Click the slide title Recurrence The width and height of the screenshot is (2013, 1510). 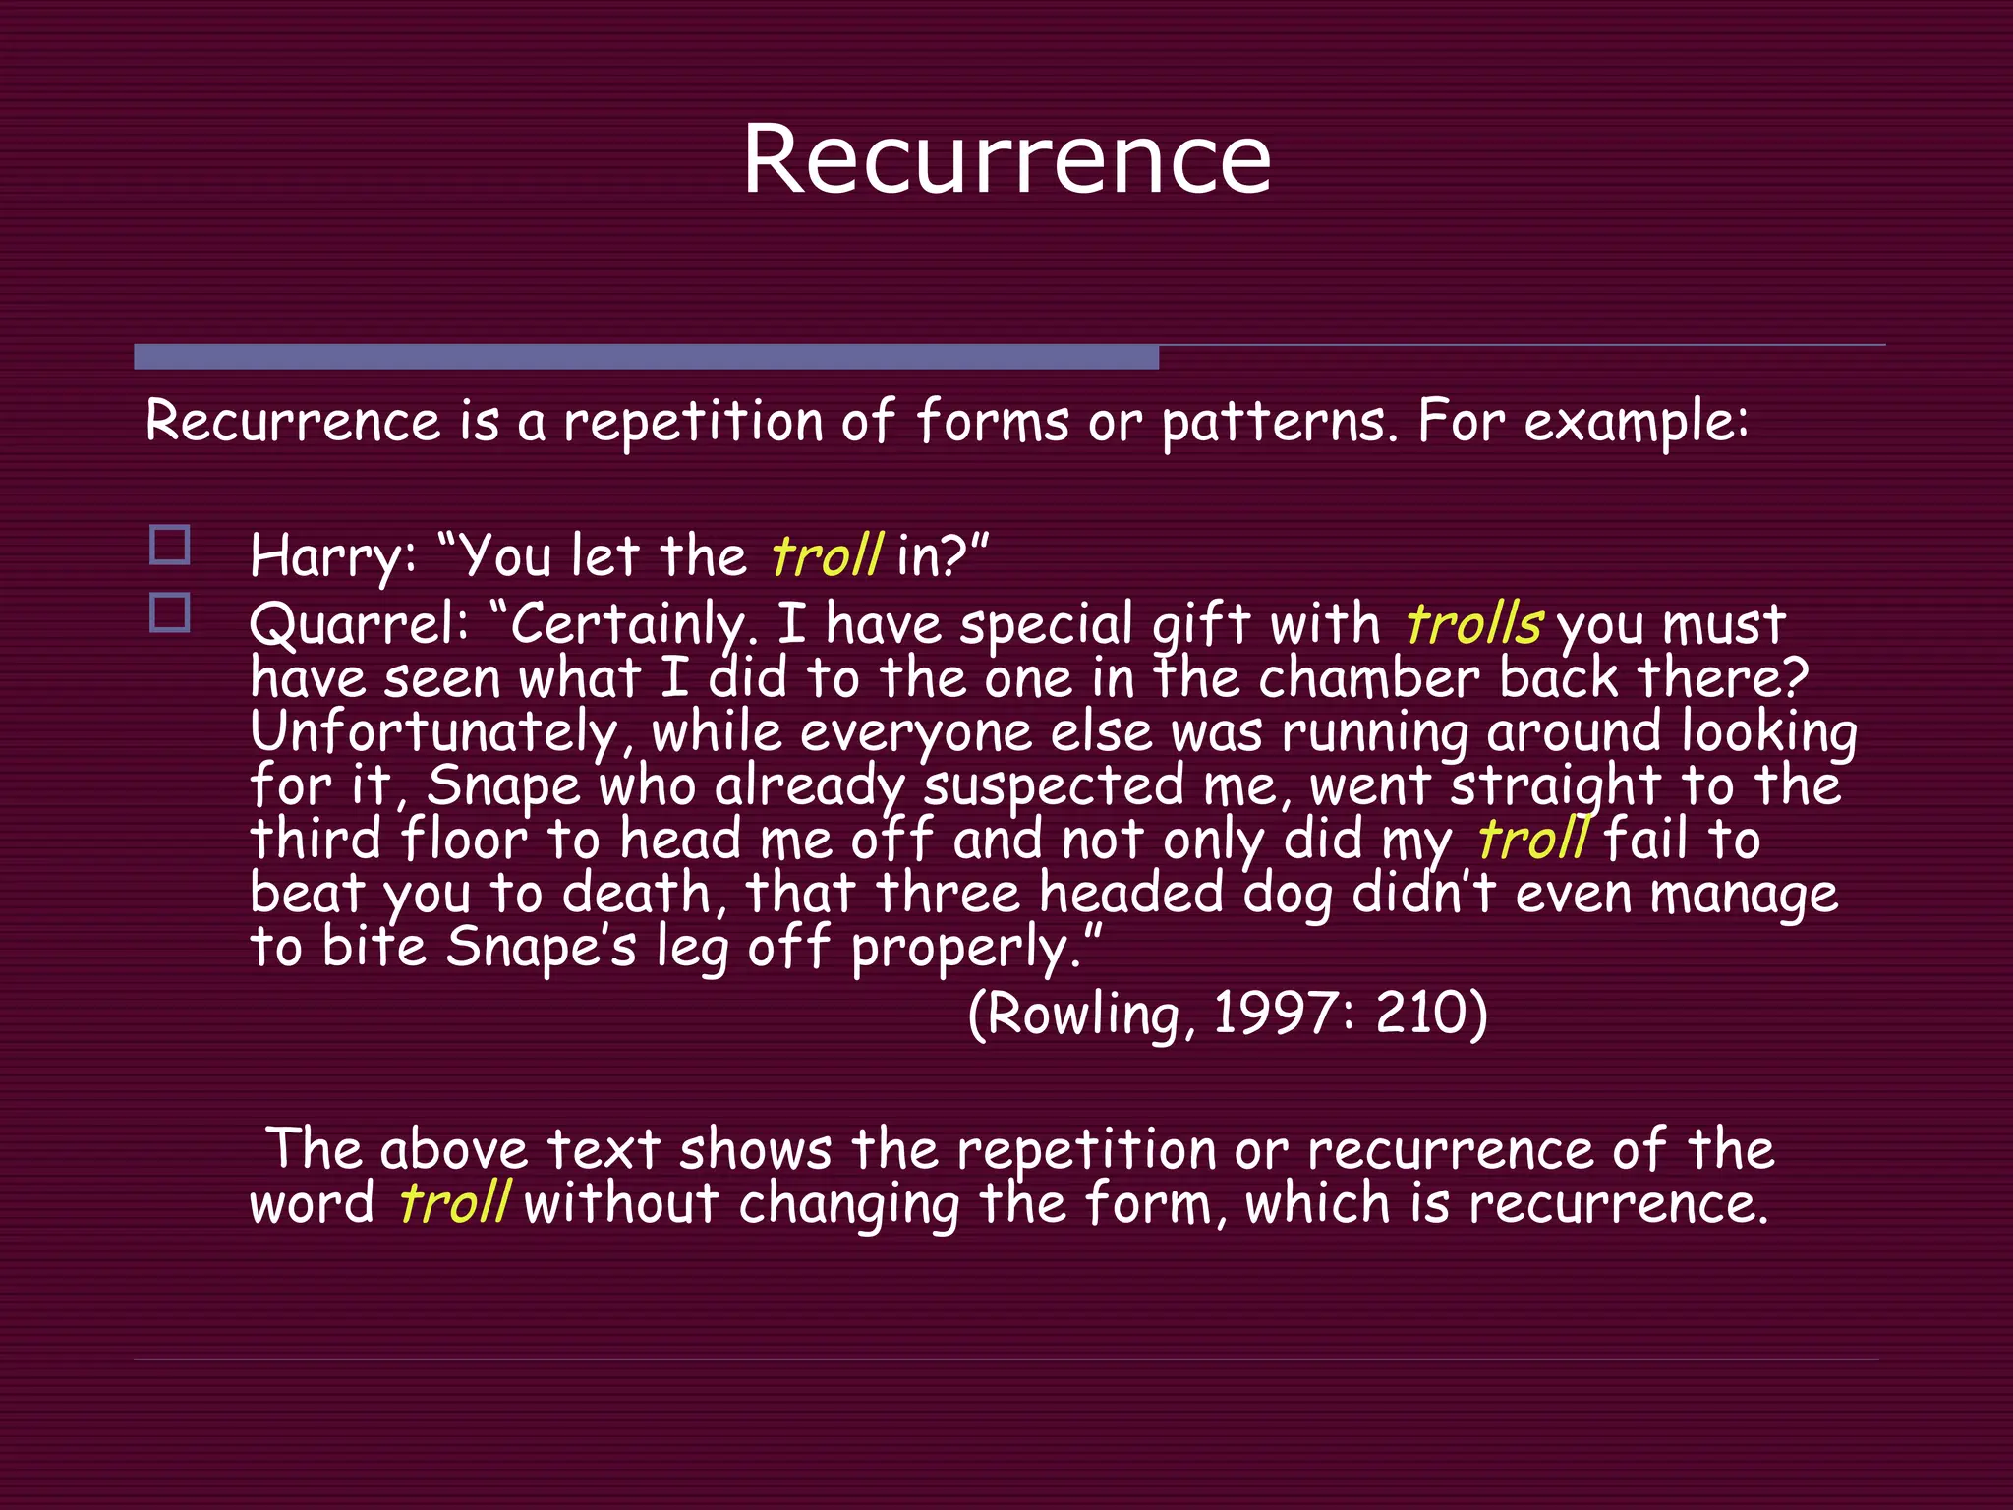pyautogui.click(x=1006, y=159)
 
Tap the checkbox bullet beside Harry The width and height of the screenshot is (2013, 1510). pyautogui.click(x=170, y=545)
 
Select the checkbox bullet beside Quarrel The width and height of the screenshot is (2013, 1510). pyautogui.click(x=170, y=612)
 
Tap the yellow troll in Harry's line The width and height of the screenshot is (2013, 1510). pyautogui.click(x=827, y=556)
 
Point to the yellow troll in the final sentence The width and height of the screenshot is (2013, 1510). pyautogui.click(x=454, y=1203)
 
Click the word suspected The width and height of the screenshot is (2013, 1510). pyautogui.click(x=1054, y=786)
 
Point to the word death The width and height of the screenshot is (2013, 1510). pyautogui.click(x=636, y=894)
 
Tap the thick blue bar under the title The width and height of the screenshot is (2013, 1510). pyautogui.click(x=646, y=357)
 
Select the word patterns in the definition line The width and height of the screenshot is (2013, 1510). pyautogui.click(x=1277, y=424)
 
